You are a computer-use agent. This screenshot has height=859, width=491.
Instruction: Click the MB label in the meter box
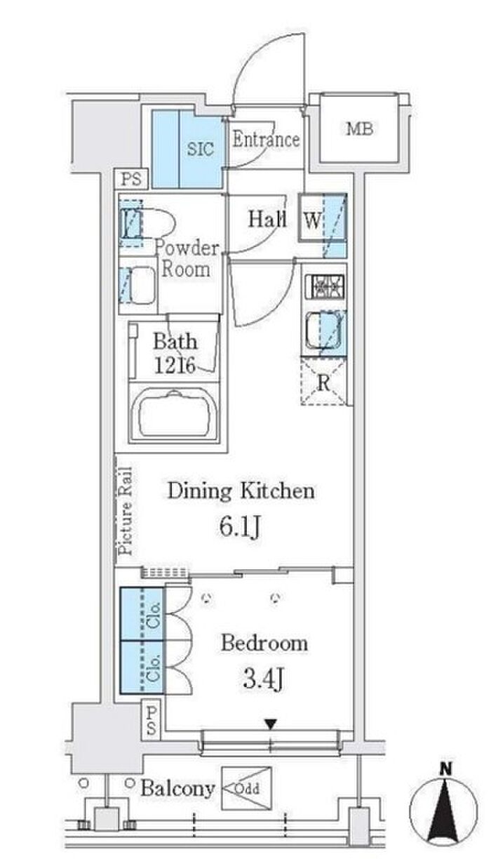tap(360, 129)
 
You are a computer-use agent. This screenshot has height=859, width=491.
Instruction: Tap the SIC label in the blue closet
tap(200, 148)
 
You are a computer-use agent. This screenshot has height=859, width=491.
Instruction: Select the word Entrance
tap(266, 139)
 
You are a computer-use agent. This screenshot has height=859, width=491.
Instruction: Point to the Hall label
tap(267, 219)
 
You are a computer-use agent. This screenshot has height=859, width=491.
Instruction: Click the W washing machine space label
tap(312, 220)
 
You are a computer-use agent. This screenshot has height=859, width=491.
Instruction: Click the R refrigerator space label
tap(324, 382)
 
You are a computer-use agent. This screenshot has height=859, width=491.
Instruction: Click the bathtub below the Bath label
tap(175, 415)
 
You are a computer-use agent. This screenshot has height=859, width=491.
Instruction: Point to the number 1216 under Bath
tap(175, 365)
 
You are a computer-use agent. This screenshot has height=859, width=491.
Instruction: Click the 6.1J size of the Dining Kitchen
tap(241, 526)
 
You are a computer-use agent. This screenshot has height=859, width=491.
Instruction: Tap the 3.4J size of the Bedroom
tap(263, 679)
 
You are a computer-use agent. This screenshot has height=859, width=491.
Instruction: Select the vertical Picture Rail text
tap(125, 511)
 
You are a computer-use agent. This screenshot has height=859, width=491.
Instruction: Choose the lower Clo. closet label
tap(154, 668)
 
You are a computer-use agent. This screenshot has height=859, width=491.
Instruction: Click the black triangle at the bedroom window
tap(271, 724)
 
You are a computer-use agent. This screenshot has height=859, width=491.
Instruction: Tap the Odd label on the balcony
tap(246, 788)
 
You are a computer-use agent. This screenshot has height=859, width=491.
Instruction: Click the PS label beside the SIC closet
tap(131, 179)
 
